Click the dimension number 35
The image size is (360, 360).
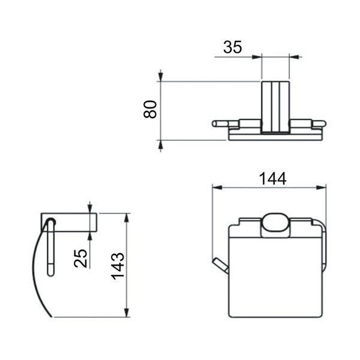(x=233, y=47)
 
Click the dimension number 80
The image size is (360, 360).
(x=150, y=109)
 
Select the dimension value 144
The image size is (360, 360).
(x=273, y=179)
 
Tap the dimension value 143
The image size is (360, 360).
(x=118, y=266)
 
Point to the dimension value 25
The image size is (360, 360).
(x=80, y=259)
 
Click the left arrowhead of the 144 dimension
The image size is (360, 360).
(x=217, y=188)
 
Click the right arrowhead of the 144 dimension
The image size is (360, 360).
(x=321, y=188)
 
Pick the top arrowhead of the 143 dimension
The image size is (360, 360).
(x=126, y=218)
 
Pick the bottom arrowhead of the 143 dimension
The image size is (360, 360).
(x=126, y=313)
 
